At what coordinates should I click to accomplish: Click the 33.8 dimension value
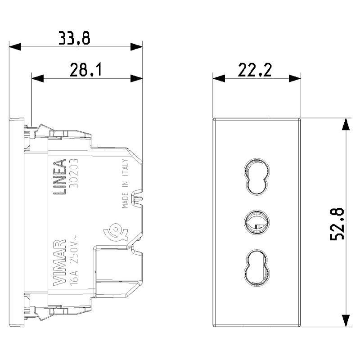click(x=74, y=38)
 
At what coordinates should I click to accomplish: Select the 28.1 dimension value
click(x=85, y=70)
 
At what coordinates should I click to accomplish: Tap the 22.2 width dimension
click(x=255, y=70)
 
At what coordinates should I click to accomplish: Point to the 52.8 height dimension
click(x=337, y=224)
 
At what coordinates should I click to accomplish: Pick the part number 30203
click(x=73, y=176)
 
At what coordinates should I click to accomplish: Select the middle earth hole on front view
click(x=257, y=221)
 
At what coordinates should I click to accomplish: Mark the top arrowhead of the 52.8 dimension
click(x=345, y=124)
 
